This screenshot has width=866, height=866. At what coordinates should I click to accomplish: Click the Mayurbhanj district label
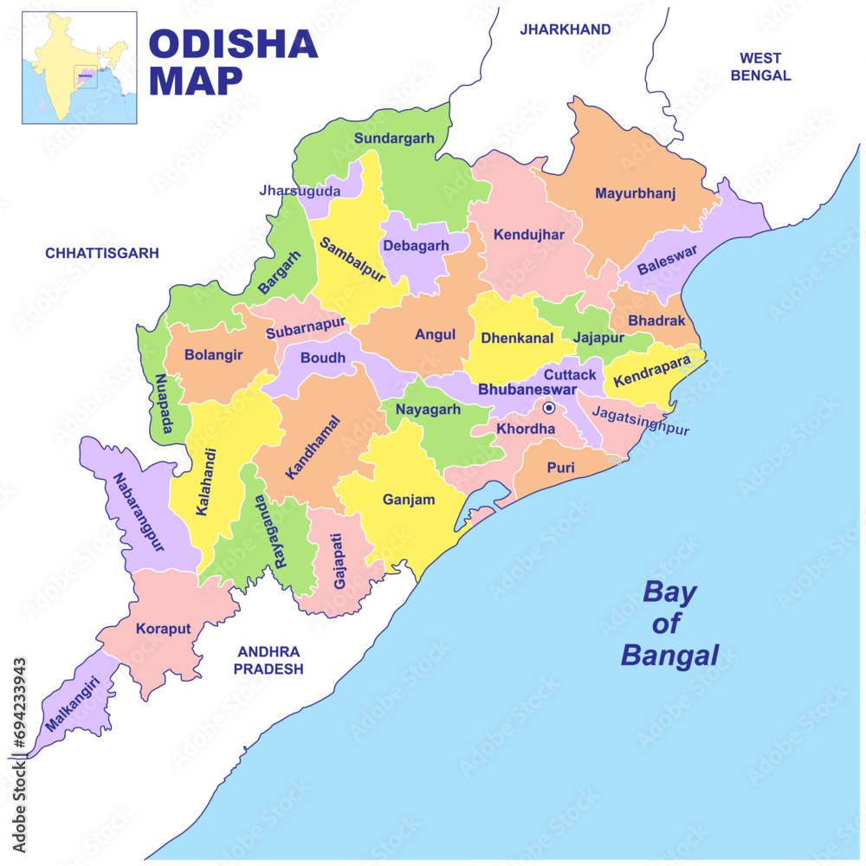pos(635,193)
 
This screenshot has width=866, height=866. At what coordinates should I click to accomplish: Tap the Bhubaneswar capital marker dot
pos(548,407)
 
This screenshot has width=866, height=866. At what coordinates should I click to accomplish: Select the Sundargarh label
pos(394,138)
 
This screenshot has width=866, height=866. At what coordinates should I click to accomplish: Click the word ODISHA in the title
pos(233,43)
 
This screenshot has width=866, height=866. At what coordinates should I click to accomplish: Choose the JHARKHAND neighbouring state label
pos(565,29)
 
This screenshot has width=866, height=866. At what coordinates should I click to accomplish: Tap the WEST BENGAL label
pos(760,67)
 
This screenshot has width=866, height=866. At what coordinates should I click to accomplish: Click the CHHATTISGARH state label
pos(102,253)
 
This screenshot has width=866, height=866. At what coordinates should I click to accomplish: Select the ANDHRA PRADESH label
pos(268,660)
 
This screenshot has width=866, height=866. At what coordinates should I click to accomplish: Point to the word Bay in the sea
pos(669,593)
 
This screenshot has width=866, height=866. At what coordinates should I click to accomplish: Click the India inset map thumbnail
pos(79,68)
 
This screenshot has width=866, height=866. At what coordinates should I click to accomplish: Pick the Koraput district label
pos(163,629)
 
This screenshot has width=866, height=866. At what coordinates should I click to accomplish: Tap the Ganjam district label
pos(409,499)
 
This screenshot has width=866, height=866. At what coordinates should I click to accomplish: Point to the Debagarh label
pos(416,245)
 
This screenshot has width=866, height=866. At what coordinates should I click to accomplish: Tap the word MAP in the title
pos(196,81)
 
